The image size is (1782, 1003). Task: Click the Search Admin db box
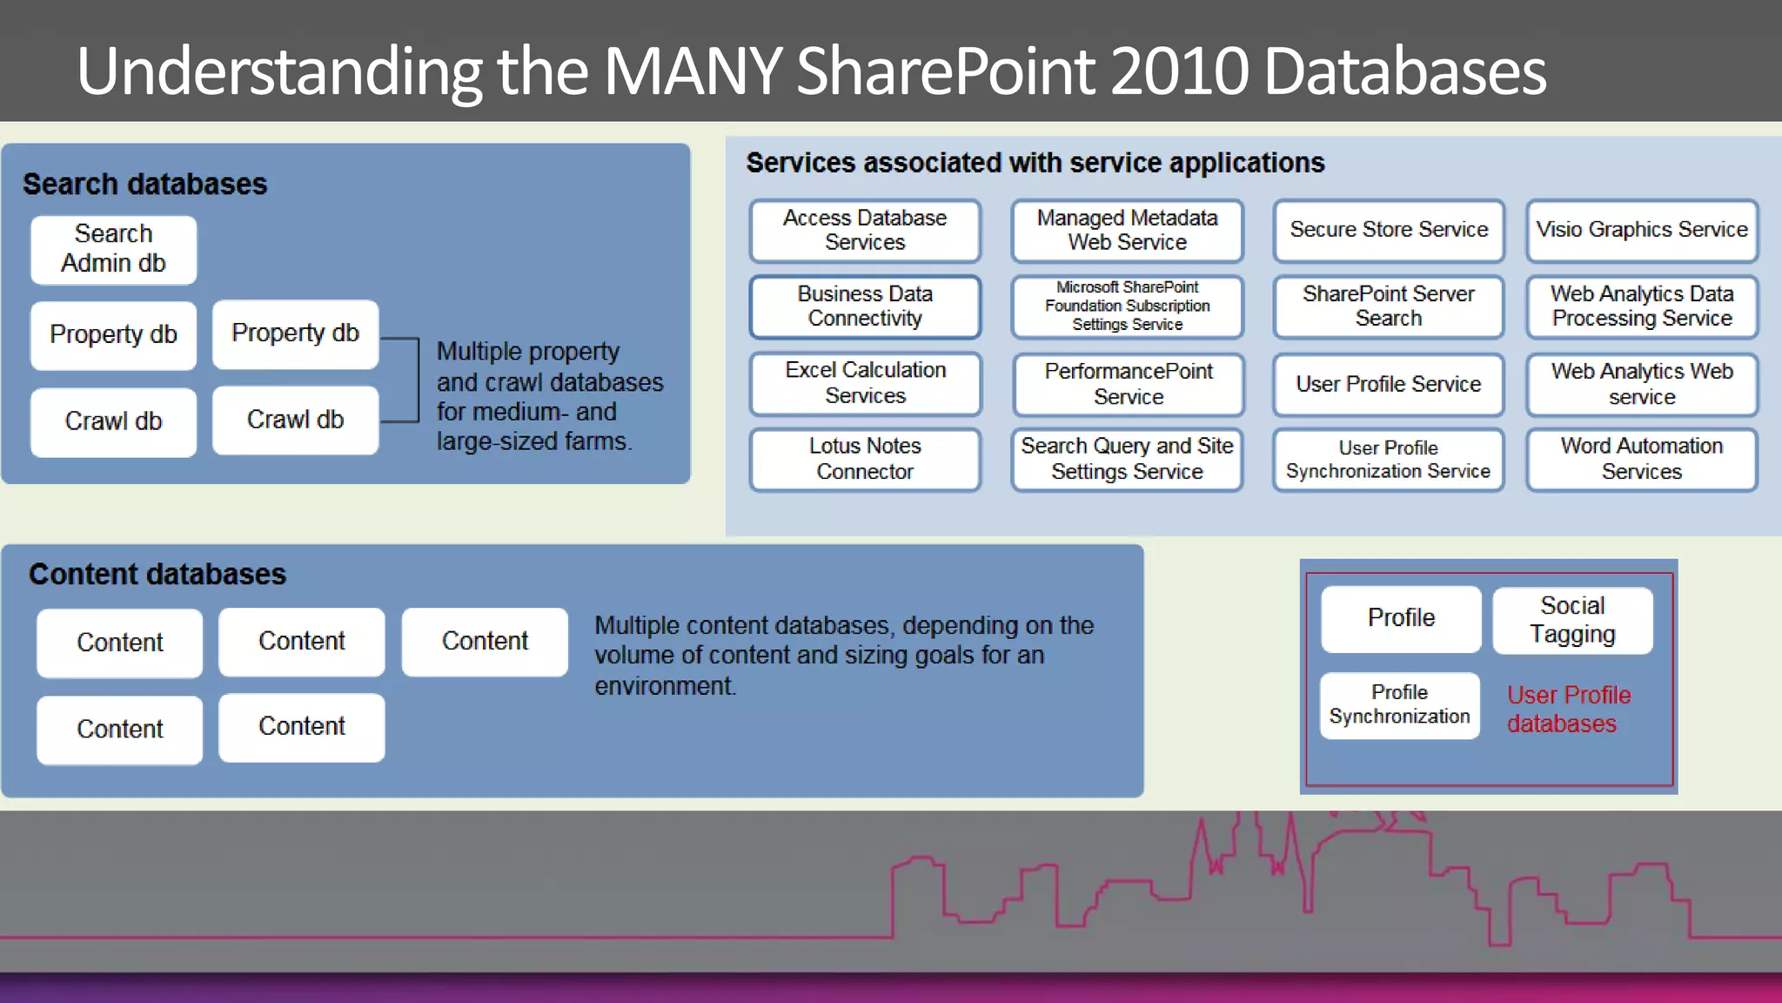coord(113,249)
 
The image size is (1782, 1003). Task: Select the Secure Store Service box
coord(1388,230)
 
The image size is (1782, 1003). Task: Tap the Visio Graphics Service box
coord(1641,230)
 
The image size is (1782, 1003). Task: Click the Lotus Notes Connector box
coord(865,459)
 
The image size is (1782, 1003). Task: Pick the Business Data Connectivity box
coord(865,306)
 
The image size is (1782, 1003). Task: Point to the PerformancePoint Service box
coord(1128,384)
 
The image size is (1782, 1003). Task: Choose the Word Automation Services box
coord(1641,459)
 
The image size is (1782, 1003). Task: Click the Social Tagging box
coord(1572,620)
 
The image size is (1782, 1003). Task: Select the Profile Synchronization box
coord(1399,705)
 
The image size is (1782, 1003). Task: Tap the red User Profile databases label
coord(1568,710)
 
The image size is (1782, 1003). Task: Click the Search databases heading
coord(144,185)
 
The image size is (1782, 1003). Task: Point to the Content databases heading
coord(157,575)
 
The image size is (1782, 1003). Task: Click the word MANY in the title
coord(693,71)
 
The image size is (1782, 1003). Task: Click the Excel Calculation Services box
coord(865,383)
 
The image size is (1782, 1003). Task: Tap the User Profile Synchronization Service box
coord(1388,460)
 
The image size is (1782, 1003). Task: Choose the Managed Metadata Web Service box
coord(1127,230)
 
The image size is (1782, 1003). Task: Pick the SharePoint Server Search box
coord(1388,306)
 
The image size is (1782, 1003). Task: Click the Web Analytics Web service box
coord(1641,384)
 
